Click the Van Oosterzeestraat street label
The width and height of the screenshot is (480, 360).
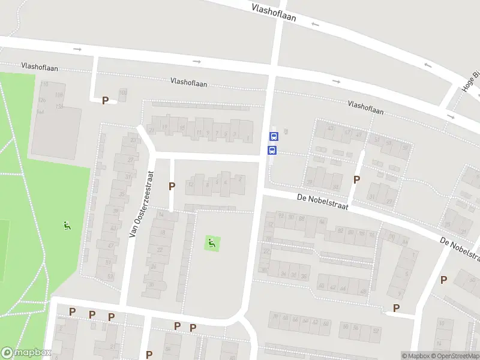(x=142, y=203)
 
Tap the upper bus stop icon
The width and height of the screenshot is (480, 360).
(x=273, y=137)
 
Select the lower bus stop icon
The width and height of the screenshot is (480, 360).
(x=272, y=150)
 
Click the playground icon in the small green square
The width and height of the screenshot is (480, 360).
(x=211, y=243)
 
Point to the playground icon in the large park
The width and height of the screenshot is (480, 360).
(x=67, y=226)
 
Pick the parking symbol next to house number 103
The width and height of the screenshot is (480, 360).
(x=106, y=100)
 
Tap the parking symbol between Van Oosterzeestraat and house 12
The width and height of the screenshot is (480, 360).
(x=172, y=186)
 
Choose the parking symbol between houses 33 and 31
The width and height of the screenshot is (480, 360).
(x=356, y=179)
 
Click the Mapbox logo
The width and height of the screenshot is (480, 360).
(x=26, y=353)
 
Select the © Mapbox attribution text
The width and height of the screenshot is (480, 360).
(x=416, y=356)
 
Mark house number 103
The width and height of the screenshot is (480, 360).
(x=123, y=92)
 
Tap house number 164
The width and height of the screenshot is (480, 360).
(x=41, y=112)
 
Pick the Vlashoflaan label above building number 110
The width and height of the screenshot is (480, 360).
(x=40, y=67)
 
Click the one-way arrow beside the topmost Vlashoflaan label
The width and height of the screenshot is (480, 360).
(x=316, y=24)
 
